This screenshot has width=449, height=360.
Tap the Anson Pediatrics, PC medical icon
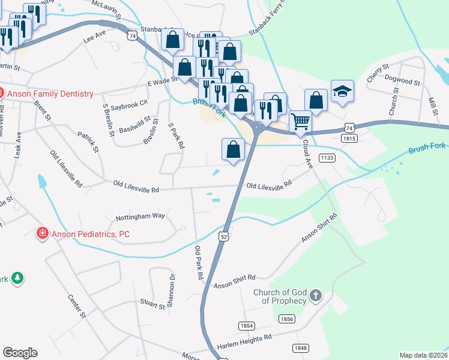(42, 233)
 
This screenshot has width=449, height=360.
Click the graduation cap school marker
(342, 91)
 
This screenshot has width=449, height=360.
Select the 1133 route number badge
(327, 158)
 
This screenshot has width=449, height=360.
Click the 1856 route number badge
(287, 319)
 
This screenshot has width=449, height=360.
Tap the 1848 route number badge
(301, 348)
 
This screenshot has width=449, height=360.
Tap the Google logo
(20, 352)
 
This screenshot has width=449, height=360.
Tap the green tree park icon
(18, 278)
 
